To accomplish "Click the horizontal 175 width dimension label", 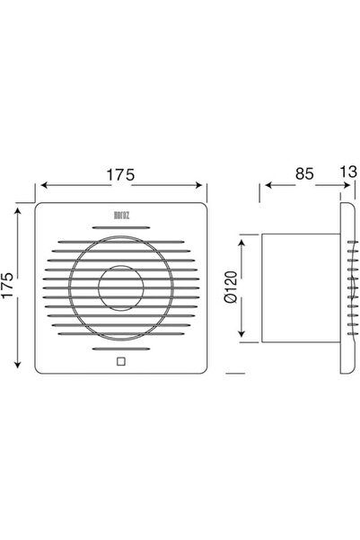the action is (x=120, y=175).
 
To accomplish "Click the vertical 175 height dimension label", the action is (x=7, y=285).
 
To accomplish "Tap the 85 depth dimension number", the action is (x=304, y=173).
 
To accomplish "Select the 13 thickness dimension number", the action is (x=348, y=172).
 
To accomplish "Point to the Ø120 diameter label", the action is (x=231, y=287).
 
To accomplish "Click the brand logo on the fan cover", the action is (x=121, y=216).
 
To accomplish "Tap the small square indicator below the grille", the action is (x=121, y=362).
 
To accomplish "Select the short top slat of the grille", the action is (x=121, y=227).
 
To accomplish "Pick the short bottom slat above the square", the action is (x=121, y=349).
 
